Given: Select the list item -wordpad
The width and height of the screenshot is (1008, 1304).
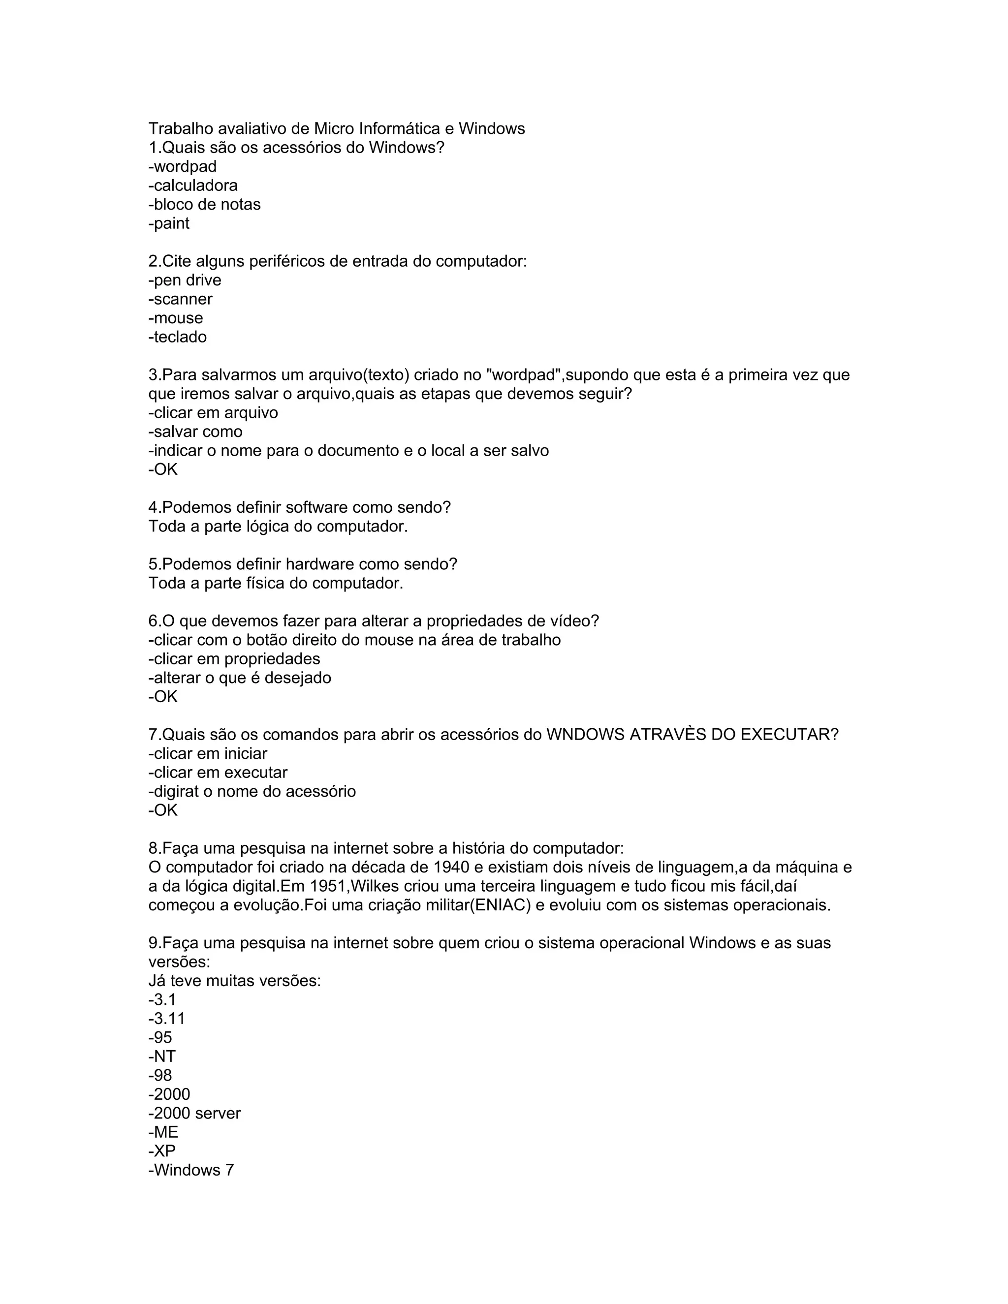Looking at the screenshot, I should coord(183,167).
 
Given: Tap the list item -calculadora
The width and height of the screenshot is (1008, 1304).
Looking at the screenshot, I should coord(193,186).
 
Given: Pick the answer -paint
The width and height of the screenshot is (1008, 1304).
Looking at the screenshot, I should coord(169,223).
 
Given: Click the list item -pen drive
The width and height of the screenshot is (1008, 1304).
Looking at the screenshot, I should coord(185,280).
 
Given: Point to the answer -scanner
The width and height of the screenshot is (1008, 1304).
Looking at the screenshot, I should coord(180,299).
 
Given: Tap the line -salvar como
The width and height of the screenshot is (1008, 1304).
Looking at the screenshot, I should coord(196,432).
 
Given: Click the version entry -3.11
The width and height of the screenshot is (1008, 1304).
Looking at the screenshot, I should coord(167,1019).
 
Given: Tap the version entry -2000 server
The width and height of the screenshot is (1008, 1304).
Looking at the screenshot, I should coord(195,1113).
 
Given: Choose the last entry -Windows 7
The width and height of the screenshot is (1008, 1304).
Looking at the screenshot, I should coord(191,1170).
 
